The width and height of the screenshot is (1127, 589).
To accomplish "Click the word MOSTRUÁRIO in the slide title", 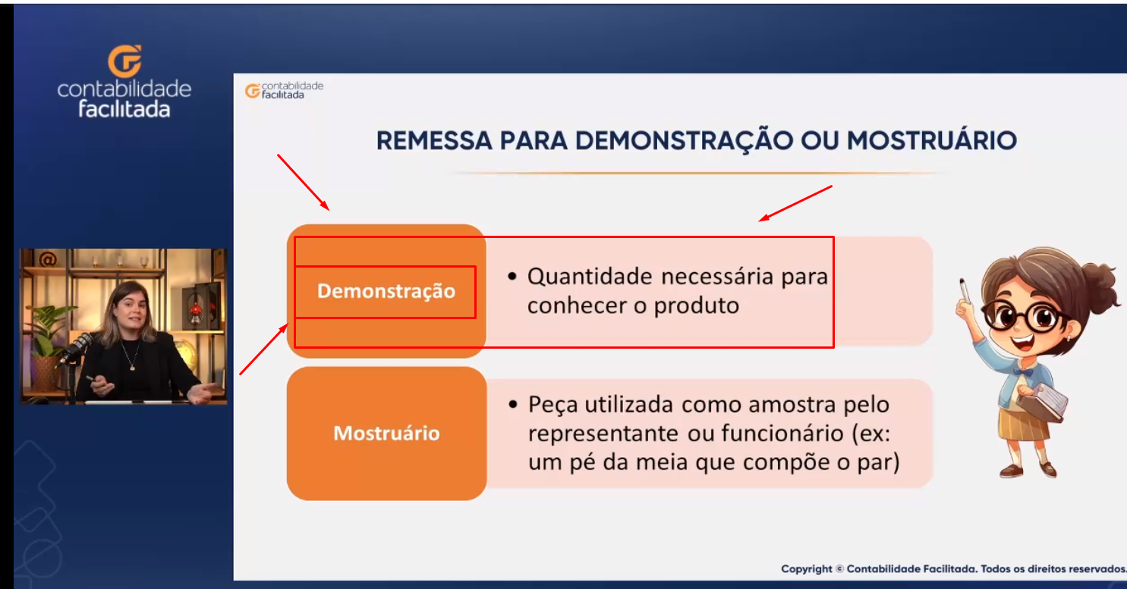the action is pyautogui.click(x=932, y=140).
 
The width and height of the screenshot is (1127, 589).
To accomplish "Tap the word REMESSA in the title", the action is pyautogui.click(x=434, y=140).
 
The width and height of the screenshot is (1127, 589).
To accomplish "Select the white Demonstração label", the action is pyautogui.click(x=386, y=292).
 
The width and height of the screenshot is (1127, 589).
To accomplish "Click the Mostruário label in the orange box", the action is pyautogui.click(x=386, y=433).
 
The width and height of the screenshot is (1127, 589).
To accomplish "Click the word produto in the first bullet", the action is pyautogui.click(x=697, y=305).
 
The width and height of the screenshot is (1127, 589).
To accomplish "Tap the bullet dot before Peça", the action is pyautogui.click(x=513, y=405).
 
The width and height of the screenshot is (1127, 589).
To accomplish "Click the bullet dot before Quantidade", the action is pyautogui.click(x=512, y=277).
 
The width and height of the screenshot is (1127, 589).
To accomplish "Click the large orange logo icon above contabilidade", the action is pyautogui.click(x=124, y=61).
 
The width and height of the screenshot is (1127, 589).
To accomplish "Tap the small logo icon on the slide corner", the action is pyautogui.click(x=253, y=91).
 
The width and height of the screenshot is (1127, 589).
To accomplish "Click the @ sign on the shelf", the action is pyautogui.click(x=47, y=259).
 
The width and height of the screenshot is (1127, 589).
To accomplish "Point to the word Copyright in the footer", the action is pyautogui.click(x=807, y=569).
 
